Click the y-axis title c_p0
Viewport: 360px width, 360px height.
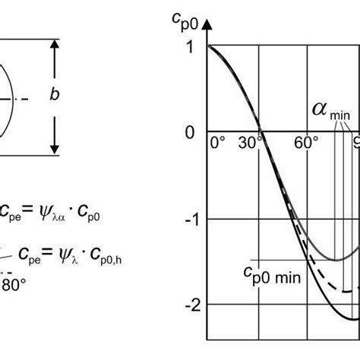pos(185,22)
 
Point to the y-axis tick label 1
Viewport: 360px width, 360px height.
pos(191,46)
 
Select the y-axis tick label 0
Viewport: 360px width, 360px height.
pos(190,132)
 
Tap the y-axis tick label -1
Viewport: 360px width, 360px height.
pos(192,219)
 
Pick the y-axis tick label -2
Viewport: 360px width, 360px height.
pos(193,305)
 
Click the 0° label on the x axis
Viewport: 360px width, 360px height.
pos(217,143)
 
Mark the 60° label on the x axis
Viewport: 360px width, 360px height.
pos(306,143)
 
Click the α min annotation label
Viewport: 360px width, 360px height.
pos(331,111)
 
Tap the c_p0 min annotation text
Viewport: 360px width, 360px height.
pos(272,276)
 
